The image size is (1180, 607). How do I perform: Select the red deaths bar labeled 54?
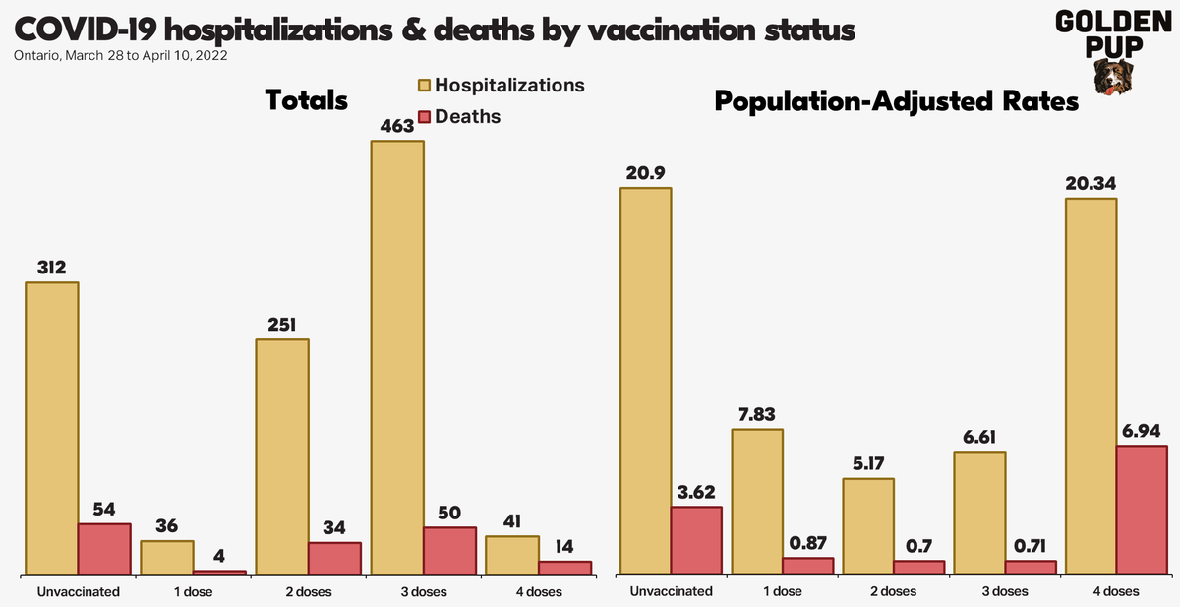click(x=104, y=548)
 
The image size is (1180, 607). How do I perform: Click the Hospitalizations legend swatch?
click(x=424, y=86)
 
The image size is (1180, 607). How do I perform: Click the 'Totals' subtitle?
click(x=307, y=100)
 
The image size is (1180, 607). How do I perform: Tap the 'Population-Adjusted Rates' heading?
click(x=897, y=101)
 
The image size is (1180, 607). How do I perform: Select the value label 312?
click(x=52, y=268)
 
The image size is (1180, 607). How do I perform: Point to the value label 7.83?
click(x=757, y=414)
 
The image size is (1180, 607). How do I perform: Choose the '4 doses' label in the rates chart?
click(x=1115, y=592)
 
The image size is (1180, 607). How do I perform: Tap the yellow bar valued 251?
click(x=282, y=456)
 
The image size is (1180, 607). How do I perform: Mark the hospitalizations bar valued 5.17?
click(x=867, y=526)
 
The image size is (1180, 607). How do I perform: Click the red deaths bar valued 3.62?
click(x=696, y=540)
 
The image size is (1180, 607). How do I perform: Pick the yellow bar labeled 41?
click(x=512, y=555)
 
